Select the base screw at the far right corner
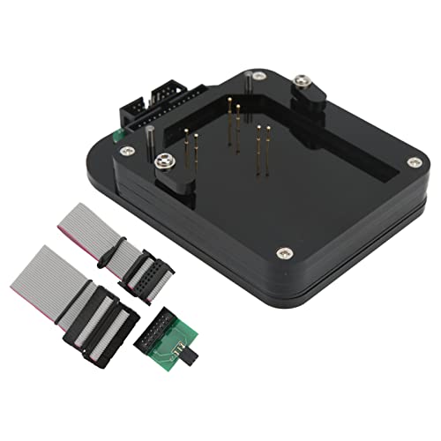click(414, 161)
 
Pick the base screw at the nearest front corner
click(282, 253)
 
